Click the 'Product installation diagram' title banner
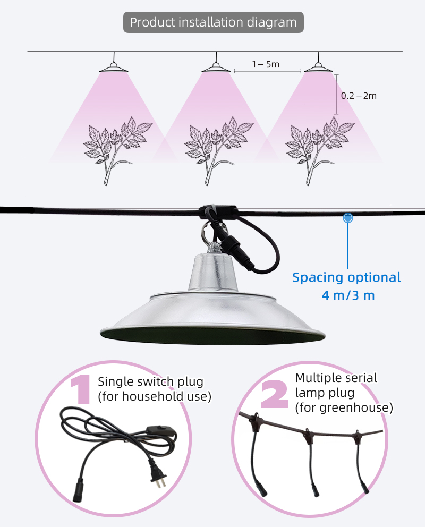point(214,22)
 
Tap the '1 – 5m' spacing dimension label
point(266,64)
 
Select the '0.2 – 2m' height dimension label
point(359,96)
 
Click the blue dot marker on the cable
point(348,218)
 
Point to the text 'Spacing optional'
point(346,277)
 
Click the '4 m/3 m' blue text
point(348,295)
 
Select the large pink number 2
point(275,394)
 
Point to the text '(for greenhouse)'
point(344,407)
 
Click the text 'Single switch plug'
point(150,381)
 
